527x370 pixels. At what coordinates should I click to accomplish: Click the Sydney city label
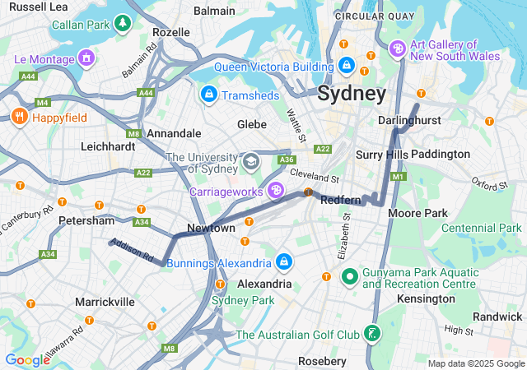pyautogui.click(x=352, y=93)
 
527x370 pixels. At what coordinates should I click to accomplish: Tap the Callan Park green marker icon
pyautogui.click(x=123, y=21)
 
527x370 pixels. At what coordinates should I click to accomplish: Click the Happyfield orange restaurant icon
pyautogui.click(x=18, y=117)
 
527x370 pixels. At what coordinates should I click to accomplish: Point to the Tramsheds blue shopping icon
pyautogui.click(x=209, y=95)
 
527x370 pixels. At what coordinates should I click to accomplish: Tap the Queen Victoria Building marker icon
pyautogui.click(x=347, y=63)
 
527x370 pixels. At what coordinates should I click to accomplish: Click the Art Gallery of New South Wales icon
pyautogui.click(x=399, y=49)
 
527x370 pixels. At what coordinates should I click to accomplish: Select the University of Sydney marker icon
pyautogui.click(x=251, y=161)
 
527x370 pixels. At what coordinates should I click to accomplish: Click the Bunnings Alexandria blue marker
pyautogui.click(x=283, y=262)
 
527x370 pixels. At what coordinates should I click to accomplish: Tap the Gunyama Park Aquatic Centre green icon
pyautogui.click(x=348, y=276)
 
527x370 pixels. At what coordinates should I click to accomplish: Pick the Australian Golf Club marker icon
pyautogui.click(x=373, y=333)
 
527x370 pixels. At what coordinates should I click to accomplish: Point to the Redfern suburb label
pyautogui.click(x=340, y=200)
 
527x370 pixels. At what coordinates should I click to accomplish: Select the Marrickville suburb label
pyautogui.click(x=105, y=302)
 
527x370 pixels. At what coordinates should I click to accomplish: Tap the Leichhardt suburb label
pyautogui.click(x=108, y=146)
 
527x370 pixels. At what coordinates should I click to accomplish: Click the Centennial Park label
pyautogui.click(x=482, y=228)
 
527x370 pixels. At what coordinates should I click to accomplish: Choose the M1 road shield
pyautogui.click(x=399, y=177)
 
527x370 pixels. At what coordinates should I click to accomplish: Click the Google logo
pyautogui.click(x=27, y=359)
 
